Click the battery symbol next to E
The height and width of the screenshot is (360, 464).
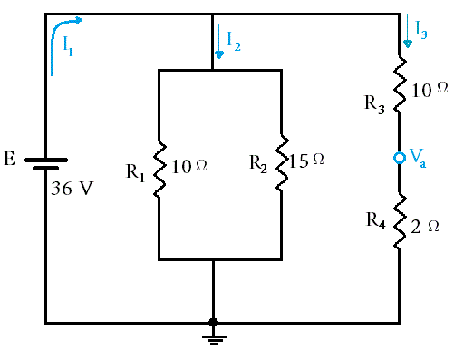pyautogui.click(x=46, y=164)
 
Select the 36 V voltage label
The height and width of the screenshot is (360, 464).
pyautogui.click(x=72, y=189)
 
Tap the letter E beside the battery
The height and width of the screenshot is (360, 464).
pyautogui.click(x=9, y=159)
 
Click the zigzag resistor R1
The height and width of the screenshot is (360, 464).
pyautogui.click(x=159, y=170)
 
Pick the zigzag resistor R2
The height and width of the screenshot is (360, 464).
pyautogui.click(x=282, y=162)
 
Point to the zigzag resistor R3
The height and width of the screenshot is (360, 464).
pyautogui.click(x=400, y=84)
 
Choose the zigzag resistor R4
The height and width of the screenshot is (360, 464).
pyautogui.click(x=400, y=221)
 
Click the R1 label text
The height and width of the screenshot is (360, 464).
pyautogui.click(x=136, y=173)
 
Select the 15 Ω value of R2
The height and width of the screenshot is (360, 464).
pyautogui.click(x=306, y=161)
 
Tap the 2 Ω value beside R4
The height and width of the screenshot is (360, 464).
pyautogui.click(x=425, y=227)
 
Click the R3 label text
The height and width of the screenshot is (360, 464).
pyautogui.click(x=374, y=104)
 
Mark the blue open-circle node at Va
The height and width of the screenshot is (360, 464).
pyautogui.click(x=400, y=158)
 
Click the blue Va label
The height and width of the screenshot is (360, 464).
pyautogui.click(x=418, y=158)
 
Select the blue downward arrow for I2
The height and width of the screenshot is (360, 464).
pyautogui.click(x=219, y=42)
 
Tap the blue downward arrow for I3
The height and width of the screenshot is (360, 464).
pyautogui.click(x=408, y=31)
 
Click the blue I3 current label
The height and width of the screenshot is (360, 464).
pyautogui.click(x=420, y=30)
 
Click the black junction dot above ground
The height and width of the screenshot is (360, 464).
pyautogui.click(x=213, y=322)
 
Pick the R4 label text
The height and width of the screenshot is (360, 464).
pyautogui.click(x=376, y=221)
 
